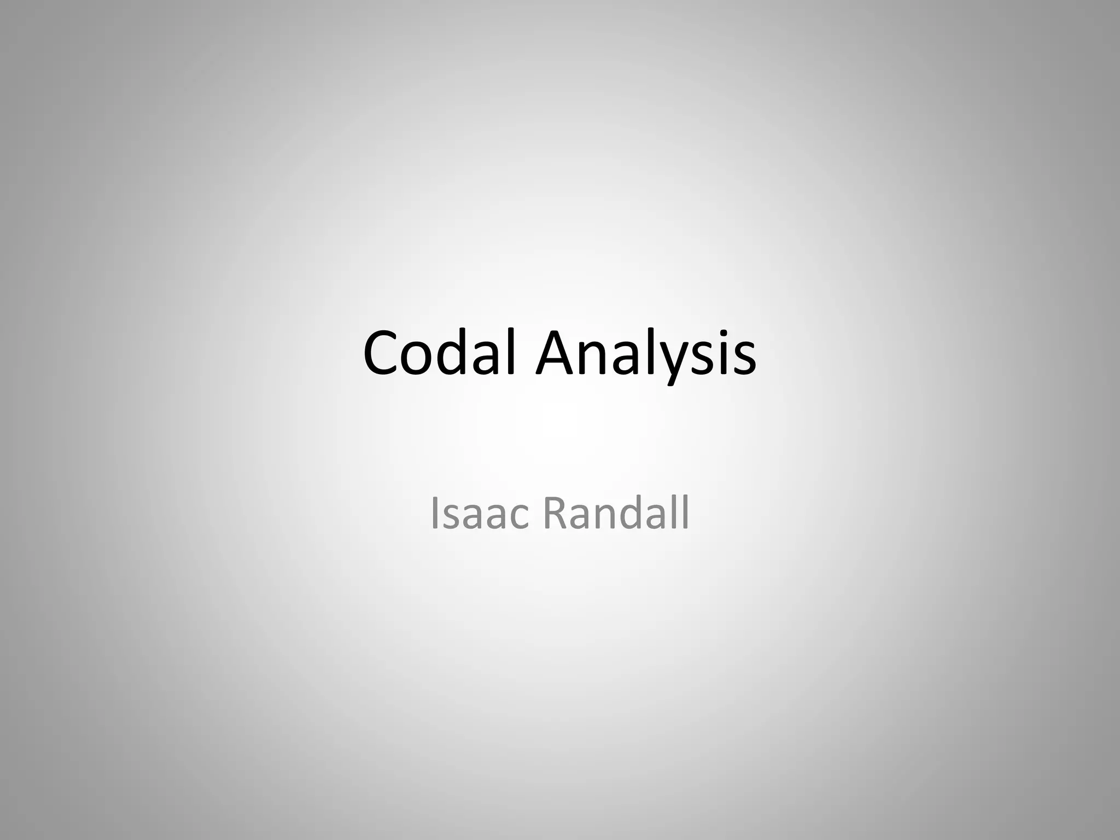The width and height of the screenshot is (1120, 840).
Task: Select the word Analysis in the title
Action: [646, 354]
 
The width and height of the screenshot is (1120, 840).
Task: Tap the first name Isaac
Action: [480, 514]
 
